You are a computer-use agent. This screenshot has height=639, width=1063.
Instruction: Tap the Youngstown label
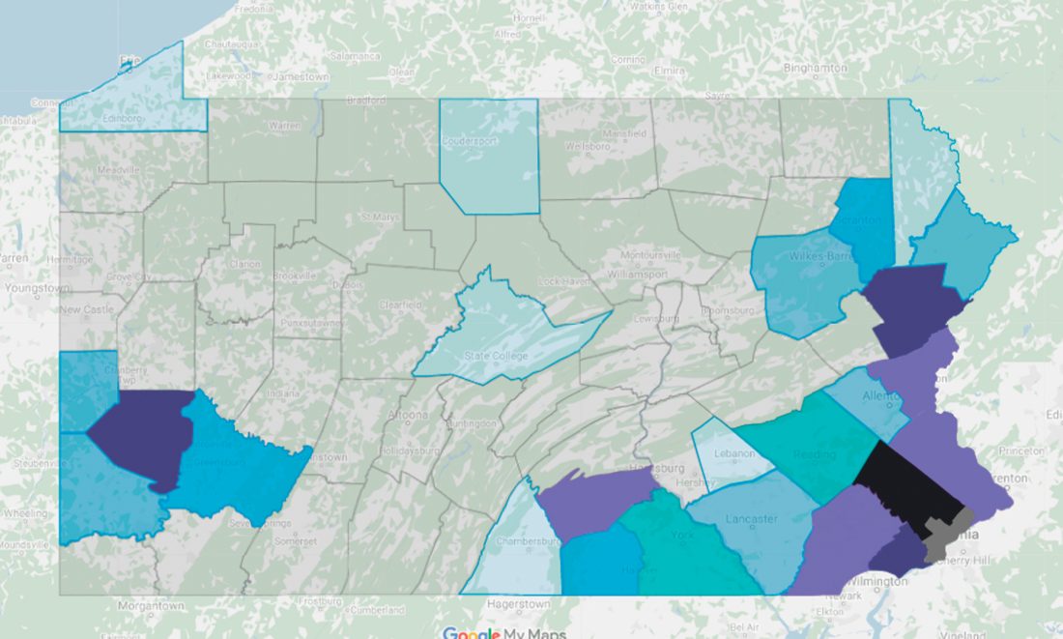point(37,288)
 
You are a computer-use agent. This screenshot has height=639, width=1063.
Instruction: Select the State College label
point(497,356)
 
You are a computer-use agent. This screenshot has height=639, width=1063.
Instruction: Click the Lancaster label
point(750,519)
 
